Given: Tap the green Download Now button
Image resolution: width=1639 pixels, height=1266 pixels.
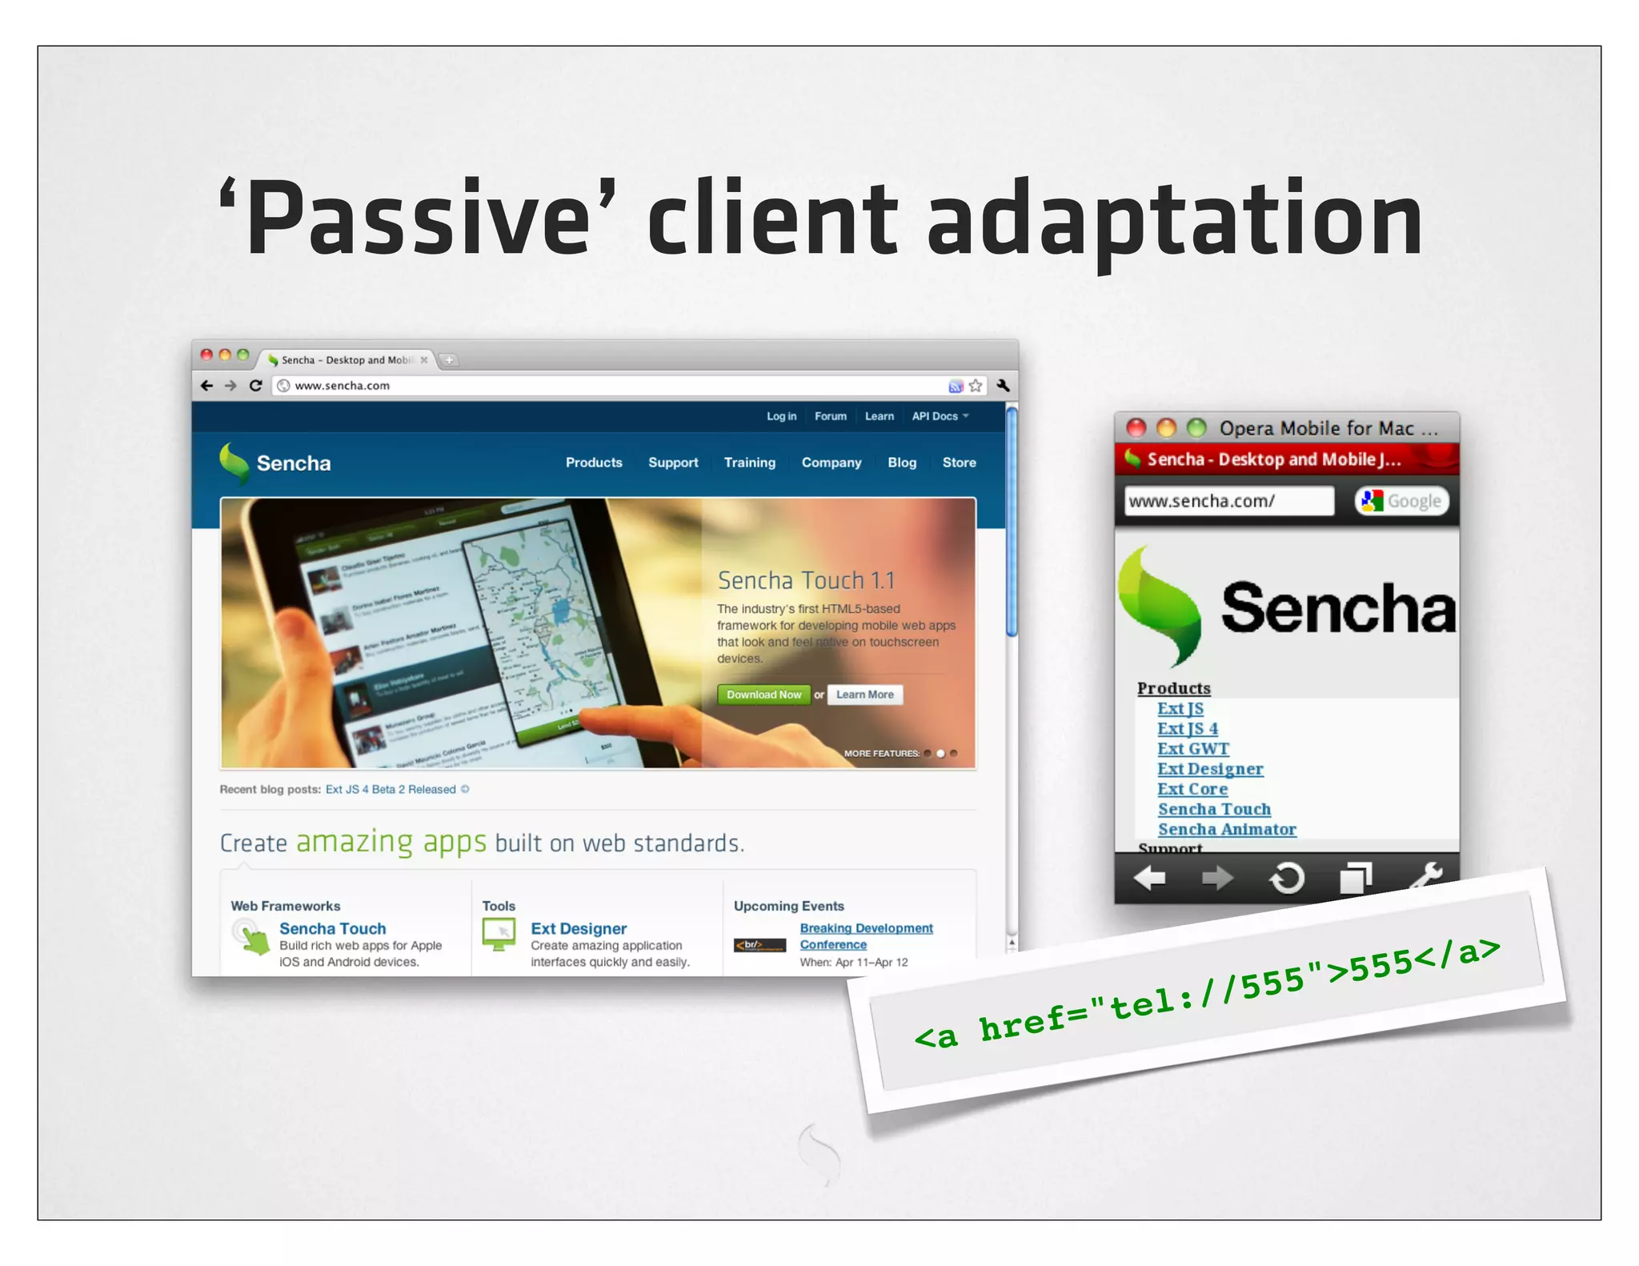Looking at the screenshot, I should (x=763, y=695).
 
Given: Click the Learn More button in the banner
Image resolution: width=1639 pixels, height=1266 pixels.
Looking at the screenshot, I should (x=864, y=695).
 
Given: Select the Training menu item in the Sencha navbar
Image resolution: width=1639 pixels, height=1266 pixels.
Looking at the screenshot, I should (x=749, y=463).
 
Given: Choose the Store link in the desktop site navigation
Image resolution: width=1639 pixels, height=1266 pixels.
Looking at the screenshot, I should (x=959, y=463).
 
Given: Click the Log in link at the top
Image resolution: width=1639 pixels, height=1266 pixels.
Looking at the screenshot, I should (x=781, y=416).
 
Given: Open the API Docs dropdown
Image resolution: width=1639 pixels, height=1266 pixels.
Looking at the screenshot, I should (x=940, y=416).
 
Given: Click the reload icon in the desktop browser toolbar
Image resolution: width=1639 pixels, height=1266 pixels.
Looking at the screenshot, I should (x=256, y=386).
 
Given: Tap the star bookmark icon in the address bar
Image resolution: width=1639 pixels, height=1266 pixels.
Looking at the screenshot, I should (x=975, y=386).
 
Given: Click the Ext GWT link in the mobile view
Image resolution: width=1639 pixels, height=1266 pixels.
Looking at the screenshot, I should (x=1192, y=749).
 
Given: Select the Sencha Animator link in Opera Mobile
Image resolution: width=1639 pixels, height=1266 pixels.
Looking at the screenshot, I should (x=1226, y=830).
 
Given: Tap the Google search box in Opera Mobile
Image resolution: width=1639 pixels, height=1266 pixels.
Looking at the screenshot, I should (x=1402, y=501).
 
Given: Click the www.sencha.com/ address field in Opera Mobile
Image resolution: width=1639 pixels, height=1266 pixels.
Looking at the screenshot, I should (x=1228, y=501).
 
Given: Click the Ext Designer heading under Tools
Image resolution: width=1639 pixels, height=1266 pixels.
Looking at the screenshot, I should (x=579, y=928).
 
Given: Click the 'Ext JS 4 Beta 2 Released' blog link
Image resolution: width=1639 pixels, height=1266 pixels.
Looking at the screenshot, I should (x=391, y=789).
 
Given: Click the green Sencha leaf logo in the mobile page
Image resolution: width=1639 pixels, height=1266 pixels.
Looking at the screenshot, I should (x=1159, y=607).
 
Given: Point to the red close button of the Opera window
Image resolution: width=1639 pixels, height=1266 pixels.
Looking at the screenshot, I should (x=1136, y=428).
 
